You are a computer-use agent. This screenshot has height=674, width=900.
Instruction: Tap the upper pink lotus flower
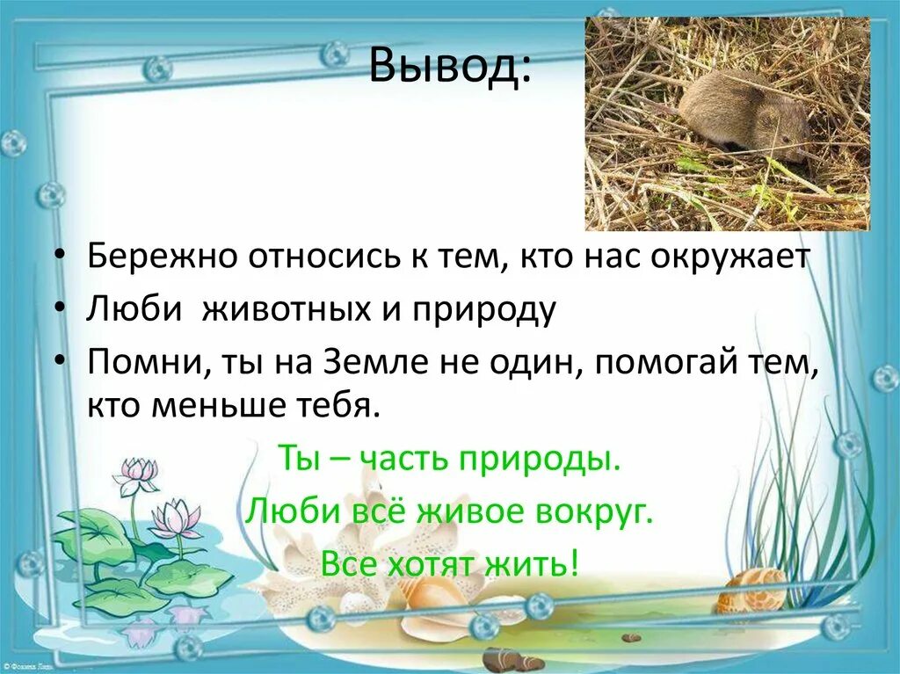136,474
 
